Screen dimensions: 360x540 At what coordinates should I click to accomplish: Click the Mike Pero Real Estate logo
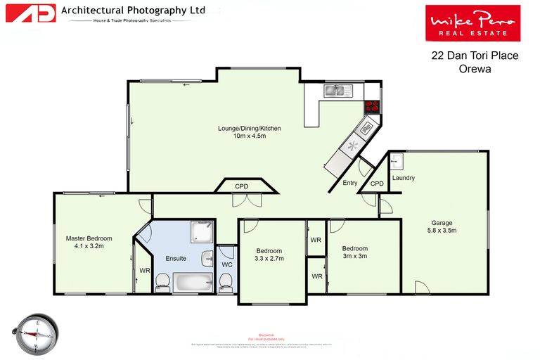[472, 22]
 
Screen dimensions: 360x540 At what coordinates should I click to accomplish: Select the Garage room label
[442, 226]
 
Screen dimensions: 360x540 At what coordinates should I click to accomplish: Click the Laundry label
[404, 178]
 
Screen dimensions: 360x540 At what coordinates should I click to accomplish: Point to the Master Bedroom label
[84, 242]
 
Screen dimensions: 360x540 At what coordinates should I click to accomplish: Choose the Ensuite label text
[176, 258]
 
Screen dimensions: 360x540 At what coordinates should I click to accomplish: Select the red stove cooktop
[372, 107]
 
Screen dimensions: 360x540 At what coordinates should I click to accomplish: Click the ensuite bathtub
[192, 284]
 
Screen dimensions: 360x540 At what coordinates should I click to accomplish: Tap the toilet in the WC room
[226, 281]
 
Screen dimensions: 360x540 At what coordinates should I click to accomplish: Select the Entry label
[349, 183]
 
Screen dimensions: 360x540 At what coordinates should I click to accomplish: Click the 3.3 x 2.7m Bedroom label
[269, 255]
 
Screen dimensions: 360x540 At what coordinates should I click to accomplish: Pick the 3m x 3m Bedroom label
[355, 252]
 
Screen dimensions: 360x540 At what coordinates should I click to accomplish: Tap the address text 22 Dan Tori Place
[475, 56]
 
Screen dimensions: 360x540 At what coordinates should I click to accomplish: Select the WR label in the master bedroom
[144, 270]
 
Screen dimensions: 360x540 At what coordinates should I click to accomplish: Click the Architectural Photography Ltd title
[133, 11]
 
